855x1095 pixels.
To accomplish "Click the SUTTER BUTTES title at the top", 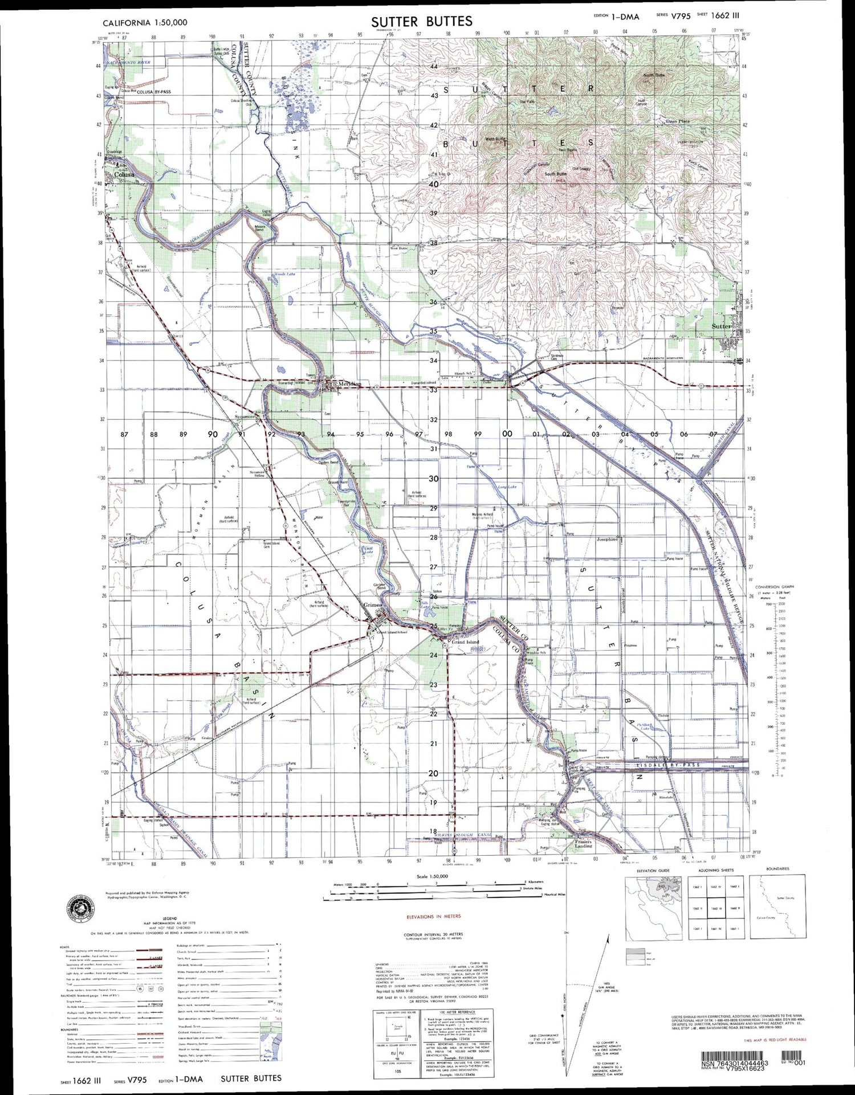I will click(x=421, y=22).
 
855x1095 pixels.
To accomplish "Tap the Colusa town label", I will click(x=124, y=174).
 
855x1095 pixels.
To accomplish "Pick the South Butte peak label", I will click(x=555, y=174).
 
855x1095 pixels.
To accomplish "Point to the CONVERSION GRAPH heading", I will click(x=774, y=586).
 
